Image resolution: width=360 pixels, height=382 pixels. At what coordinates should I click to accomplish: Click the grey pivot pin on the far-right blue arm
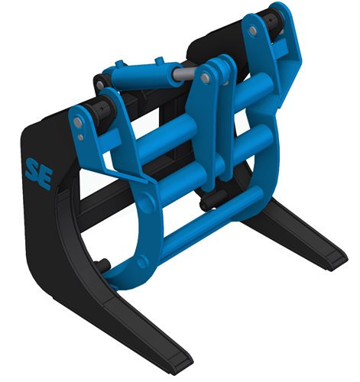pos(251,31)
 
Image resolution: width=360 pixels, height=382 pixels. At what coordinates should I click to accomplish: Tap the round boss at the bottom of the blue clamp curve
pos(141,261)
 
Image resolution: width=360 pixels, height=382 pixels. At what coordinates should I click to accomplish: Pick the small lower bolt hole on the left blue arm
pos(80,138)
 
